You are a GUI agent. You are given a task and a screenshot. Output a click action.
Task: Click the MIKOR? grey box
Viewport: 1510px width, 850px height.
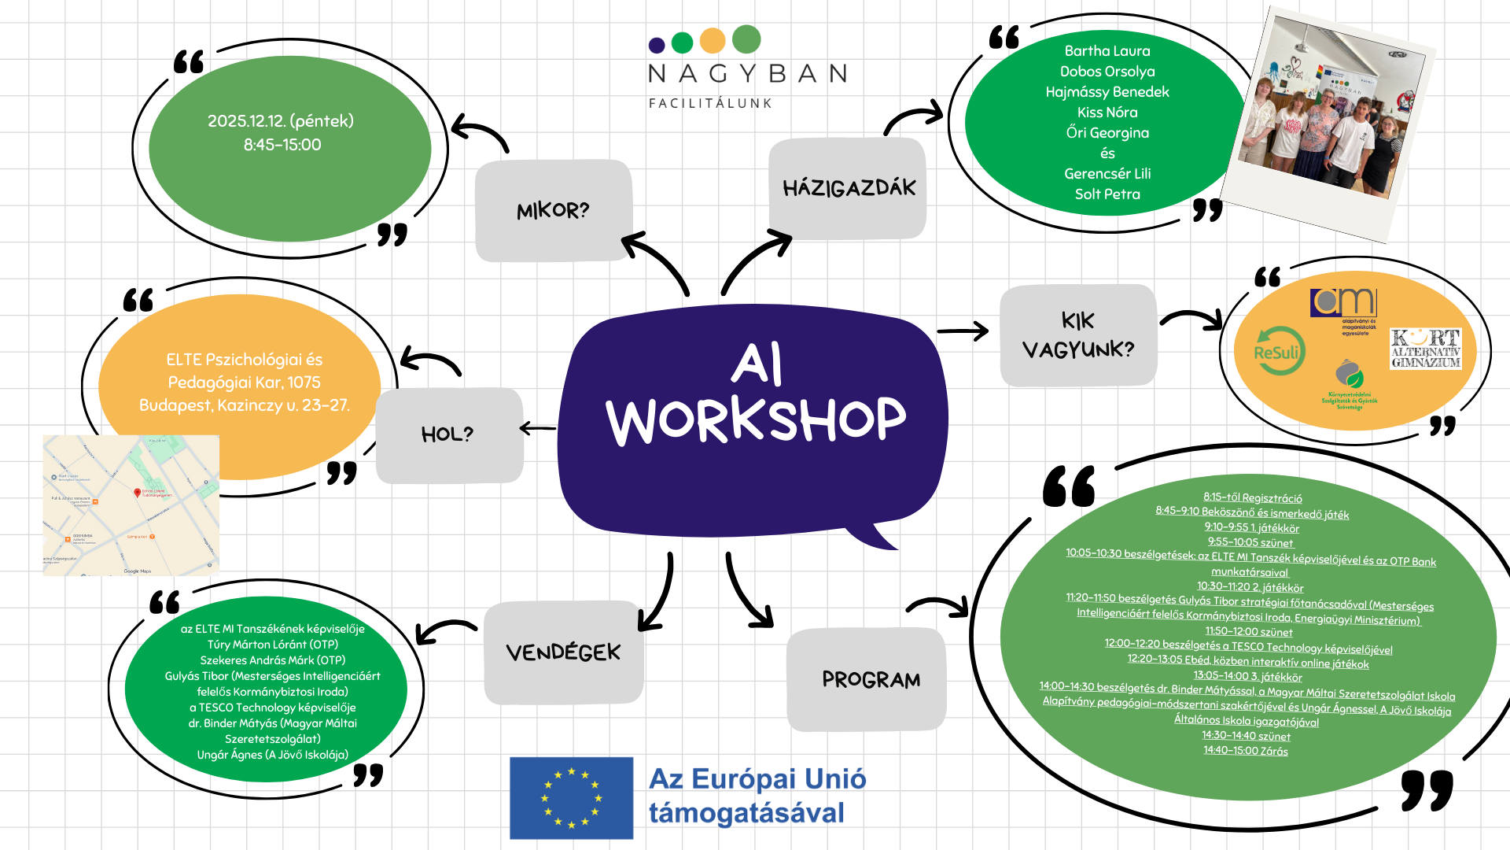click(553, 210)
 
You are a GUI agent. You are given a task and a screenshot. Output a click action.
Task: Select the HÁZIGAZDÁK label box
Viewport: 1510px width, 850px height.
click(848, 188)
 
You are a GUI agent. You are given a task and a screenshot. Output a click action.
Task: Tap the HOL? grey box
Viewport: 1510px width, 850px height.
click(448, 434)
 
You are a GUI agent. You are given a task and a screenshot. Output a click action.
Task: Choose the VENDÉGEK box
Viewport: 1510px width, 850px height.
click(563, 652)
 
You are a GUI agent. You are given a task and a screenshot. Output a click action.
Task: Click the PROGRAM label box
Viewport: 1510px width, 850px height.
click(869, 679)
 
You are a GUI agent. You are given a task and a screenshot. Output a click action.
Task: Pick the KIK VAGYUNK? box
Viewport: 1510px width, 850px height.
click(1077, 335)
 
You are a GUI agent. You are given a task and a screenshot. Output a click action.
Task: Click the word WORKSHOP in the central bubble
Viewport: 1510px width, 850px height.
click(756, 420)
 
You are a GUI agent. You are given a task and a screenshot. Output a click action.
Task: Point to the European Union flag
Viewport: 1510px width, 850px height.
click(571, 798)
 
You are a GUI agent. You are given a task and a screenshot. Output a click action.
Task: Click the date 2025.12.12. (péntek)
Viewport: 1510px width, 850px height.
click(281, 121)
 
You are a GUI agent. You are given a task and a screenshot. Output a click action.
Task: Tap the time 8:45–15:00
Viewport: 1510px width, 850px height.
click(282, 145)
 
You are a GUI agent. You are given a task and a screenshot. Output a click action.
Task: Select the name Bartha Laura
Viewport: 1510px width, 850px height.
click(1107, 51)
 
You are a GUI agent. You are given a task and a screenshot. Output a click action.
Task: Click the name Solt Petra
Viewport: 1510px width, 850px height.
click(1107, 194)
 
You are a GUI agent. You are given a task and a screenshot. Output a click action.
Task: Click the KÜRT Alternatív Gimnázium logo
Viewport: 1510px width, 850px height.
click(1425, 349)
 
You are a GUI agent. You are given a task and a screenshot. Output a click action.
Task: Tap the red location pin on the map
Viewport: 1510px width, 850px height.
click(138, 493)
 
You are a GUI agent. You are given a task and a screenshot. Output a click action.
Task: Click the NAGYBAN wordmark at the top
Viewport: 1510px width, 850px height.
click(747, 74)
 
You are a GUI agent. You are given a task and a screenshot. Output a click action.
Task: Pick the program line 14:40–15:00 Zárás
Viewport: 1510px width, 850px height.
click(1245, 751)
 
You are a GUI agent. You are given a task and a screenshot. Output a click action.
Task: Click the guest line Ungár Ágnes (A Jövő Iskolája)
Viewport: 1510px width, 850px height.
click(272, 755)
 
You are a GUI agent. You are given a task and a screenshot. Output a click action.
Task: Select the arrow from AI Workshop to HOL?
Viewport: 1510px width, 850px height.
click(538, 429)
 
